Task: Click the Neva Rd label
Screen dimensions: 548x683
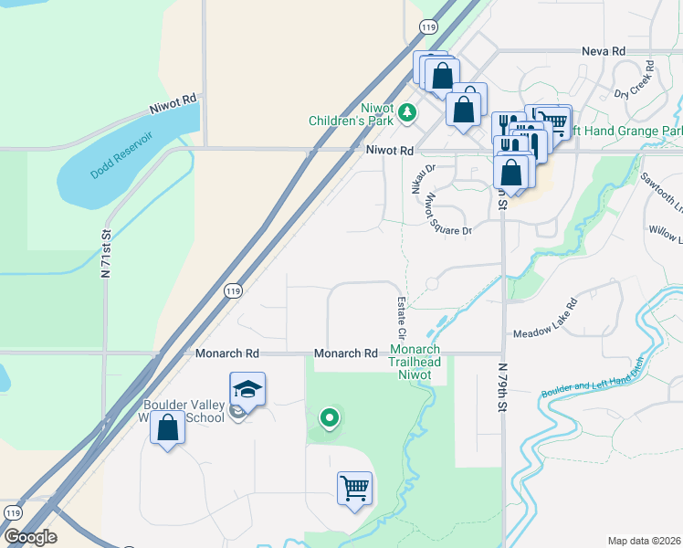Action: coord(604,52)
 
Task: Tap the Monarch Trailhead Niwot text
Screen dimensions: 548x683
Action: coord(415,355)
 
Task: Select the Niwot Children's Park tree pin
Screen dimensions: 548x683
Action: coord(407,113)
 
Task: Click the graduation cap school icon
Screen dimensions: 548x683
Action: coord(247,389)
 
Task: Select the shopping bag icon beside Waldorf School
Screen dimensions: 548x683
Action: coord(168,427)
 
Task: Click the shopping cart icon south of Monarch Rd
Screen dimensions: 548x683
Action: coord(354,486)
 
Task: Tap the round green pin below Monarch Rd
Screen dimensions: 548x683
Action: coord(330,418)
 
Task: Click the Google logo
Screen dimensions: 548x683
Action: coord(29,537)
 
